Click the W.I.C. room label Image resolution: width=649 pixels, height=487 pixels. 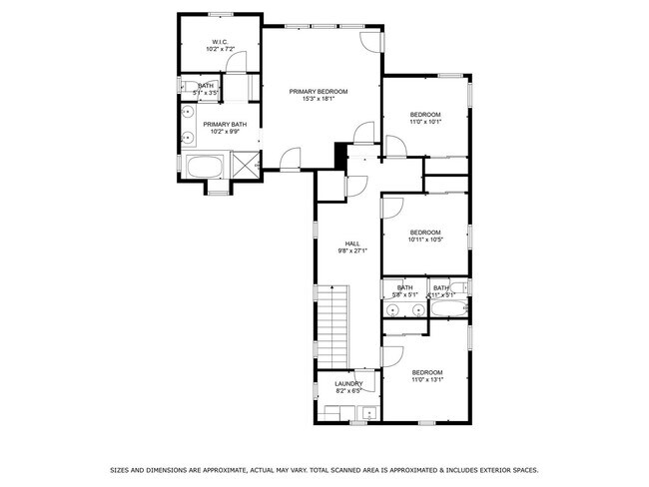tap(219, 41)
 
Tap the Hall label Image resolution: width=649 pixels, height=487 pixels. tap(352, 243)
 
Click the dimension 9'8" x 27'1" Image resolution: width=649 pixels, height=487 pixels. tap(352, 250)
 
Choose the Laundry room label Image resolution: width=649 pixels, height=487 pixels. tap(348, 384)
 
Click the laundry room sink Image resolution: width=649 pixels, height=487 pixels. tap(369, 411)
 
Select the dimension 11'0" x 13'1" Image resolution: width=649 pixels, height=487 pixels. tap(426, 379)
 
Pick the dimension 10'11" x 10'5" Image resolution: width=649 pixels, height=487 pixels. tap(424, 240)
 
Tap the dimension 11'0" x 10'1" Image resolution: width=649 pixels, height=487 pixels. tap(425, 122)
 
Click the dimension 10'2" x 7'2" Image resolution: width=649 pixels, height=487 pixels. tap(219, 48)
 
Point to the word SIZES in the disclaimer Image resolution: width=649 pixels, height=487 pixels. tap(120, 468)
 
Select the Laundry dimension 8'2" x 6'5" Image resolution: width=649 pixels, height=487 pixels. tap(348, 391)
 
